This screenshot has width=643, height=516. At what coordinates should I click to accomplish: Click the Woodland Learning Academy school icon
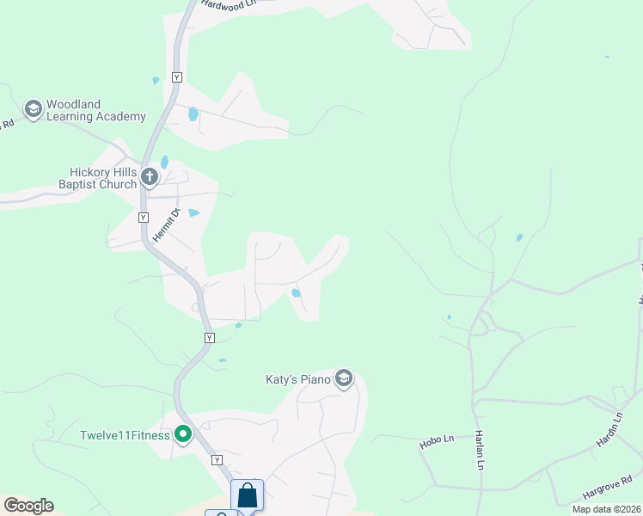34,109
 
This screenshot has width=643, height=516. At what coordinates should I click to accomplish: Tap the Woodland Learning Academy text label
95,110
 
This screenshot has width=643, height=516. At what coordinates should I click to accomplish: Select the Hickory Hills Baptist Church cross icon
150,177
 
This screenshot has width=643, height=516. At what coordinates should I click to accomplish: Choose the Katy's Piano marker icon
344,378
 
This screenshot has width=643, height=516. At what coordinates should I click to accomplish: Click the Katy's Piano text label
297,378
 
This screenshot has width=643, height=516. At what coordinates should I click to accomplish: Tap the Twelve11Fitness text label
126,435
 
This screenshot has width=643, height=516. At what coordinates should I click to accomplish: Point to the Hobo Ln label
437,442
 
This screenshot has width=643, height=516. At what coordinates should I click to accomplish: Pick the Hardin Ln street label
608,432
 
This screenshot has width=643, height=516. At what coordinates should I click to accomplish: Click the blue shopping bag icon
248,495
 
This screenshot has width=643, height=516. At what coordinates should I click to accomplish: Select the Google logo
28,506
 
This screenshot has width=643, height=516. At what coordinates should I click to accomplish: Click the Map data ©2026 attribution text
606,509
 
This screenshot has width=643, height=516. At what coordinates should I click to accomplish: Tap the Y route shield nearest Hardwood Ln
177,77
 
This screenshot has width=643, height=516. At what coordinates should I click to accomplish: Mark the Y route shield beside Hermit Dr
143,217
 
